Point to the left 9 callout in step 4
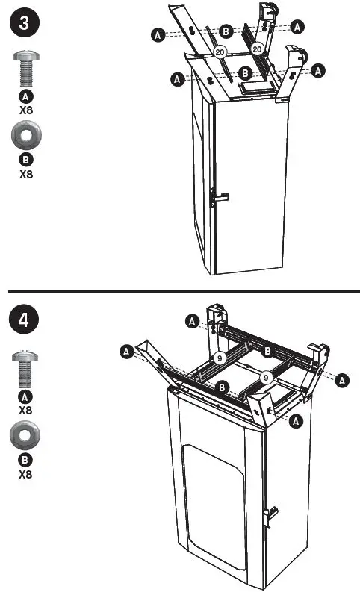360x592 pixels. (x=220, y=358)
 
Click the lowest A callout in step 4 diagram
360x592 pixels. (x=296, y=422)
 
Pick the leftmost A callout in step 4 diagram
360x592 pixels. (x=126, y=350)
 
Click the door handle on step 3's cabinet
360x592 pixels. (x=217, y=199)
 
